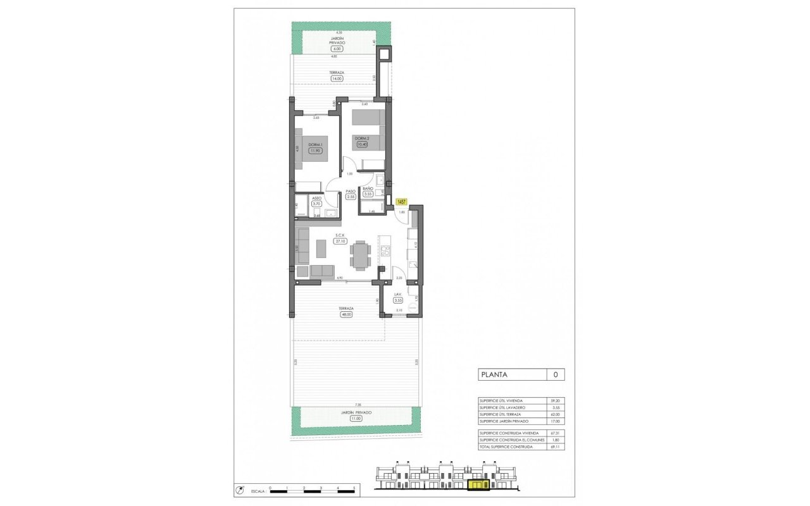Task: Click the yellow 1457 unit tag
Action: pyautogui.click(x=401, y=202)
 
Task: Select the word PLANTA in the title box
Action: pyautogui.click(x=494, y=374)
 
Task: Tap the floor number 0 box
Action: pyautogui.click(x=555, y=374)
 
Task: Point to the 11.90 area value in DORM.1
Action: pyautogui.click(x=315, y=151)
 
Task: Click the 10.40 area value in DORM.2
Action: pyautogui.click(x=362, y=144)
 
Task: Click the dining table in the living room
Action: pyautogui.click(x=361, y=255)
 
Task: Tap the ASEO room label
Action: pyautogui.click(x=316, y=198)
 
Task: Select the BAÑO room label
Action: pyautogui.click(x=368, y=188)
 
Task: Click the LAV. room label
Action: pyautogui.click(x=397, y=295)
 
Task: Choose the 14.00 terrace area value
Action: pyautogui.click(x=337, y=78)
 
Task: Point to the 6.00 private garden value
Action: pyautogui.click(x=337, y=48)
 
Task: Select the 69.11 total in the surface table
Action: pyautogui.click(x=555, y=447)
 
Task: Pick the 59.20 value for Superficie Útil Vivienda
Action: pyautogui.click(x=555, y=401)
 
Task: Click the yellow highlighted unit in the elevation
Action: pyautogui.click(x=478, y=485)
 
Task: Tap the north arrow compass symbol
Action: pyautogui.click(x=239, y=490)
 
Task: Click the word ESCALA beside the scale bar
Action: pyautogui.click(x=258, y=491)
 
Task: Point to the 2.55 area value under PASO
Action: pyautogui.click(x=351, y=197)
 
